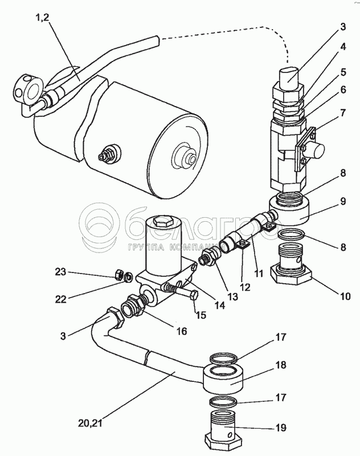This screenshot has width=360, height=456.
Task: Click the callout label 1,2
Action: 42,18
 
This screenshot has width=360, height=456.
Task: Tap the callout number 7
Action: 343,112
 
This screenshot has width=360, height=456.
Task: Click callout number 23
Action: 61,272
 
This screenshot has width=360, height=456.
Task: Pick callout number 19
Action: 281,427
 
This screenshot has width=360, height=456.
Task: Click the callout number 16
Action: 182,331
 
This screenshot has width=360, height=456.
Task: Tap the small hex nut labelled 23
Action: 118,274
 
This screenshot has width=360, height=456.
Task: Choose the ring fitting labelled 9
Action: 289,210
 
